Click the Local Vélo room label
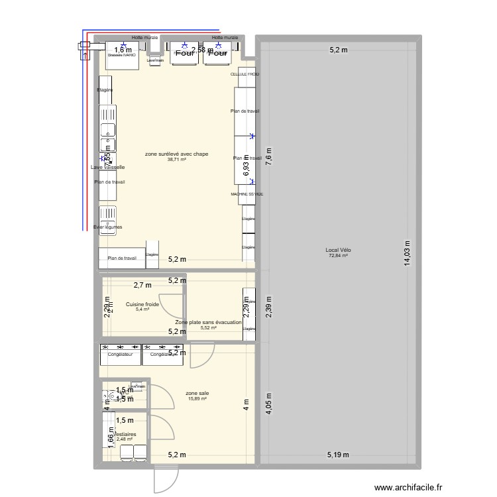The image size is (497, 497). click(x=337, y=250)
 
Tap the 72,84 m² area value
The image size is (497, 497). click(x=337, y=256)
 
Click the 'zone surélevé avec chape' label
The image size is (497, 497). click(x=177, y=154)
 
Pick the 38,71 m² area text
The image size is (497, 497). click(x=177, y=160)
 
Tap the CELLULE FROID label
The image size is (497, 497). click(x=245, y=75)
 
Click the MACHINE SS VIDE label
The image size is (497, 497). click(x=247, y=194)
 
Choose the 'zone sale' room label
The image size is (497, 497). click(x=197, y=392)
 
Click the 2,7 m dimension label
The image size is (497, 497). click(x=142, y=286)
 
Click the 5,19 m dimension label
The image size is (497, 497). click(x=338, y=455)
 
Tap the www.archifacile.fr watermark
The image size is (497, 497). click(x=448, y=486)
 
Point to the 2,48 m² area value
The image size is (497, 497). click(x=124, y=439)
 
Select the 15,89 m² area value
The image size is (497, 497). click(x=197, y=398)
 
